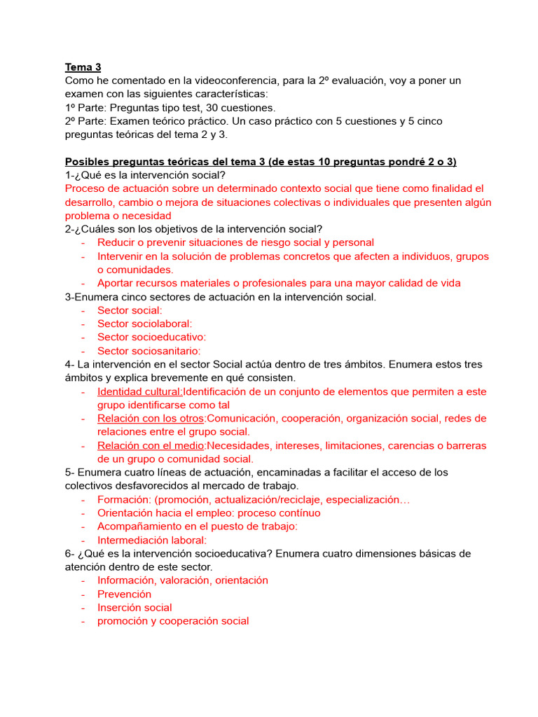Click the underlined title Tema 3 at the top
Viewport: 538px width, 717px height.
click(x=83, y=67)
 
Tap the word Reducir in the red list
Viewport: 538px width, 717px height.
click(x=117, y=242)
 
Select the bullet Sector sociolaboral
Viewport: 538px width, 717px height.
click(x=144, y=323)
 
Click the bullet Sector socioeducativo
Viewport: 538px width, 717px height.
click(x=151, y=337)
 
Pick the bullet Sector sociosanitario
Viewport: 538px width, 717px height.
click(x=149, y=351)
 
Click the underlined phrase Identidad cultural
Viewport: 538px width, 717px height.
click(x=139, y=391)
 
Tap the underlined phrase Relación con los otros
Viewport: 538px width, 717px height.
click(x=151, y=419)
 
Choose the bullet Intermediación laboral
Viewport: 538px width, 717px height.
click(x=152, y=540)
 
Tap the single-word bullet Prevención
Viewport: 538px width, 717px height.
click(x=124, y=594)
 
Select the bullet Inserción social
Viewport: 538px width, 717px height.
click(x=134, y=607)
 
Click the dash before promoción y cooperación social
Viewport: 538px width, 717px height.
click(x=83, y=621)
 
